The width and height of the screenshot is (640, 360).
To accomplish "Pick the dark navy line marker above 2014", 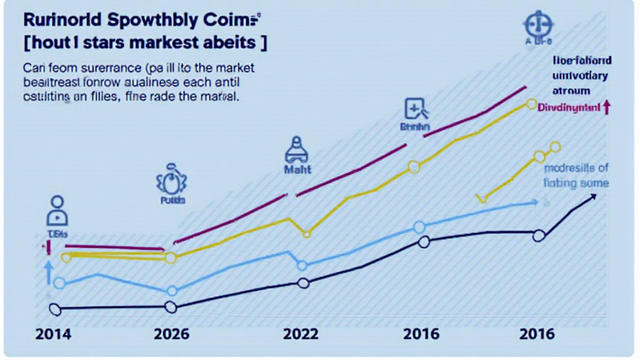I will coord(54,309).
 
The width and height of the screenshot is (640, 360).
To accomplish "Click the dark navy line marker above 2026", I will coord(171,307).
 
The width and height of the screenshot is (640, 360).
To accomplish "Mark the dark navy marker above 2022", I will coord(304,283).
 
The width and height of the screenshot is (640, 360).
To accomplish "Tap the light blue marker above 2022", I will coord(302,266).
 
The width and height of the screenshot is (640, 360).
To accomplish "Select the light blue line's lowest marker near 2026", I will coord(172,291).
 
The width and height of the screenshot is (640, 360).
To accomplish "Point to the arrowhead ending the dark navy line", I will coord(592,197).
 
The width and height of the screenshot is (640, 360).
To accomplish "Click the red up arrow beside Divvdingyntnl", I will coord(606,107).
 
